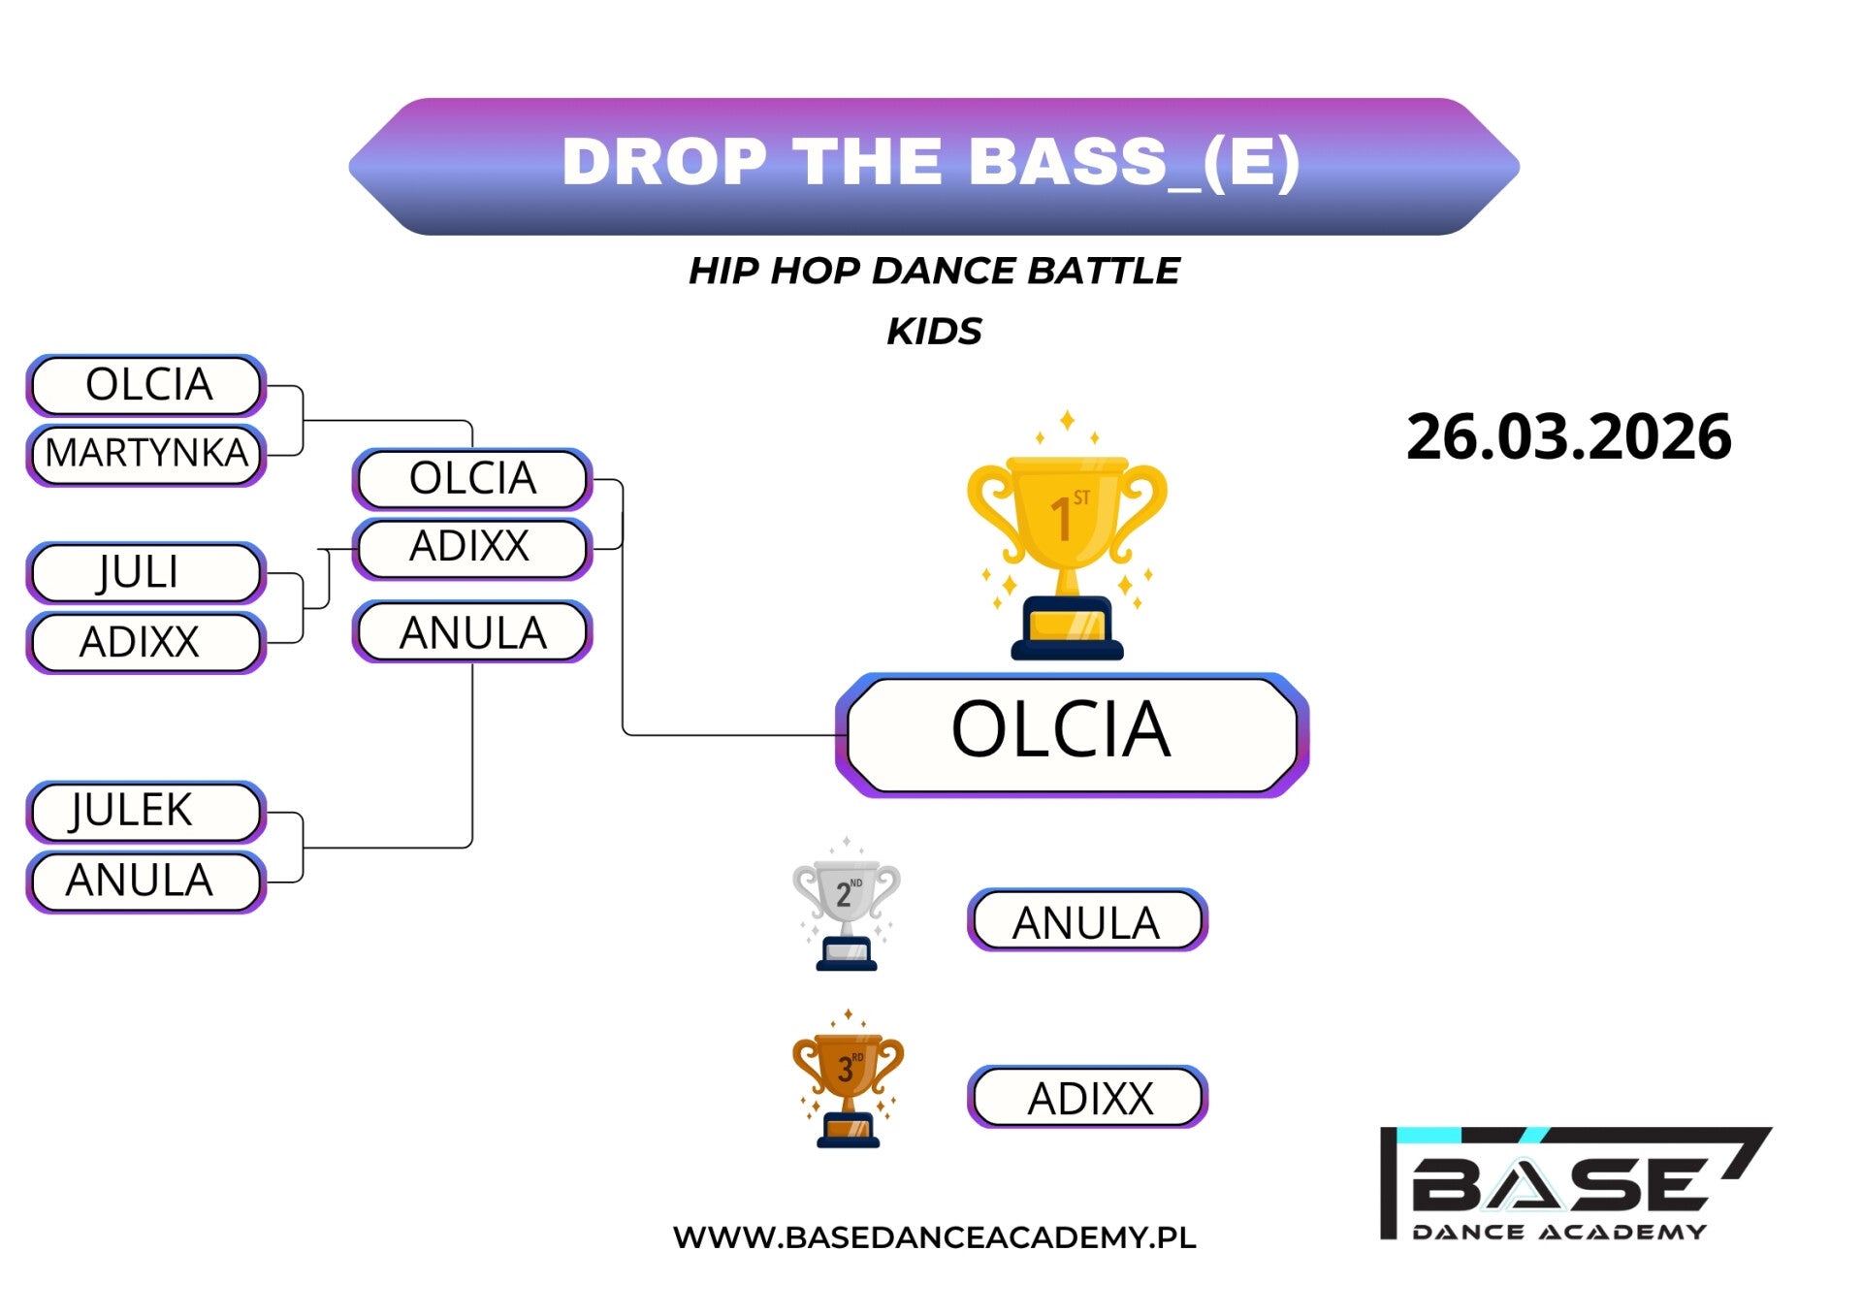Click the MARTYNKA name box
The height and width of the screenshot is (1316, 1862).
(x=146, y=454)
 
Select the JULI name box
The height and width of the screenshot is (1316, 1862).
(x=146, y=572)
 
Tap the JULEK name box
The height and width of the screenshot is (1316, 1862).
(x=146, y=811)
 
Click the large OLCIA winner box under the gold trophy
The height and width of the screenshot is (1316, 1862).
(x=1072, y=734)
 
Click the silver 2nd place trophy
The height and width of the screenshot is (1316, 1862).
(x=847, y=904)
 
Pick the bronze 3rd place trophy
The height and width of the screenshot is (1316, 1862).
(x=848, y=1078)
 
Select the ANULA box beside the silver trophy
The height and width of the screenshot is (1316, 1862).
(x=1087, y=919)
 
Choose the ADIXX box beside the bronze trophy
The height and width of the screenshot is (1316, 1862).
(x=1087, y=1097)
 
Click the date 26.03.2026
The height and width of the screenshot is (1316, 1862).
(x=1569, y=436)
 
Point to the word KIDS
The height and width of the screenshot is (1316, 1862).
(x=934, y=332)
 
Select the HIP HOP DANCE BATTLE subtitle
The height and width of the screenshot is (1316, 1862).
(x=934, y=271)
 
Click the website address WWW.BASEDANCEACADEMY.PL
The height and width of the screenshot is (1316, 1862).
(x=934, y=1237)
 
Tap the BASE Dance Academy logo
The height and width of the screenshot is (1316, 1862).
(x=1573, y=1183)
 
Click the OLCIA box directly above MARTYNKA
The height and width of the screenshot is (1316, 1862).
(x=146, y=385)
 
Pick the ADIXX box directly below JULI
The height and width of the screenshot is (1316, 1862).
(x=146, y=642)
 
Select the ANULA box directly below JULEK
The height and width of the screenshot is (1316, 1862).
(x=146, y=882)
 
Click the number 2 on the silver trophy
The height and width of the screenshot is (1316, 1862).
(x=843, y=895)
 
